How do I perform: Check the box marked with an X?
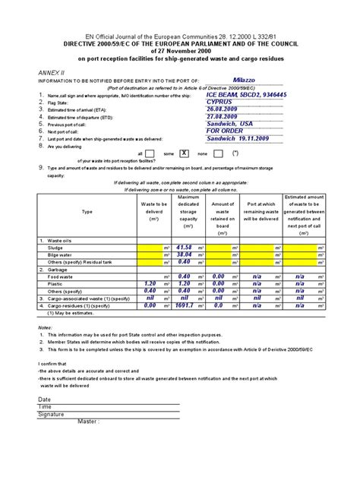[183, 153]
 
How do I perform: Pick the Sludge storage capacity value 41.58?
[183, 248]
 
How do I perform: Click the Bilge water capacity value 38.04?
[183, 254]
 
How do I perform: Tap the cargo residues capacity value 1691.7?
[183, 305]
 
